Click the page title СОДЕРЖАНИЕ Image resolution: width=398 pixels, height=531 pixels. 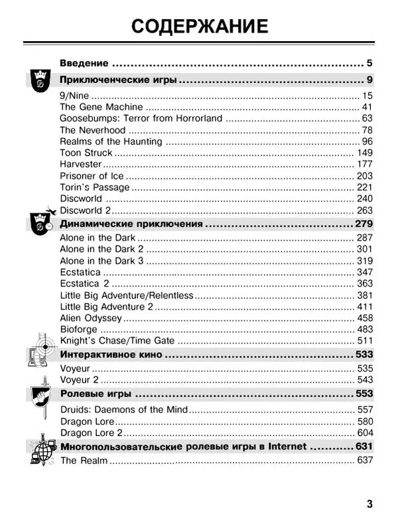coord(199,26)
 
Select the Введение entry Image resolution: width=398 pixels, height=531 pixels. coord(84,63)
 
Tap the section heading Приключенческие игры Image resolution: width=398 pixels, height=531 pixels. coord(119,80)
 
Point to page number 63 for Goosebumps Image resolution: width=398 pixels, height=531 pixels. coord(367,118)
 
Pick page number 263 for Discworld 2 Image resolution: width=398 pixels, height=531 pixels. coord(364,211)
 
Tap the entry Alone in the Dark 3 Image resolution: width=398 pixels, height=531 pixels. coord(101,261)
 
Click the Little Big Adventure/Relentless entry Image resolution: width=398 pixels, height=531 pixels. coord(127,295)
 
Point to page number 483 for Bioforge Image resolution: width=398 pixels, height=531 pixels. coord(364,329)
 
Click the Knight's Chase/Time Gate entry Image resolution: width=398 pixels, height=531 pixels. coord(118,340)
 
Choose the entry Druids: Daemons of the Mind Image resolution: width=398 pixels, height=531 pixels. coord(124,409)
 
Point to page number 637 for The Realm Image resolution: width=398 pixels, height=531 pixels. coord(364,461)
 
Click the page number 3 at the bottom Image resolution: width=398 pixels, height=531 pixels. coord(369,503)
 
